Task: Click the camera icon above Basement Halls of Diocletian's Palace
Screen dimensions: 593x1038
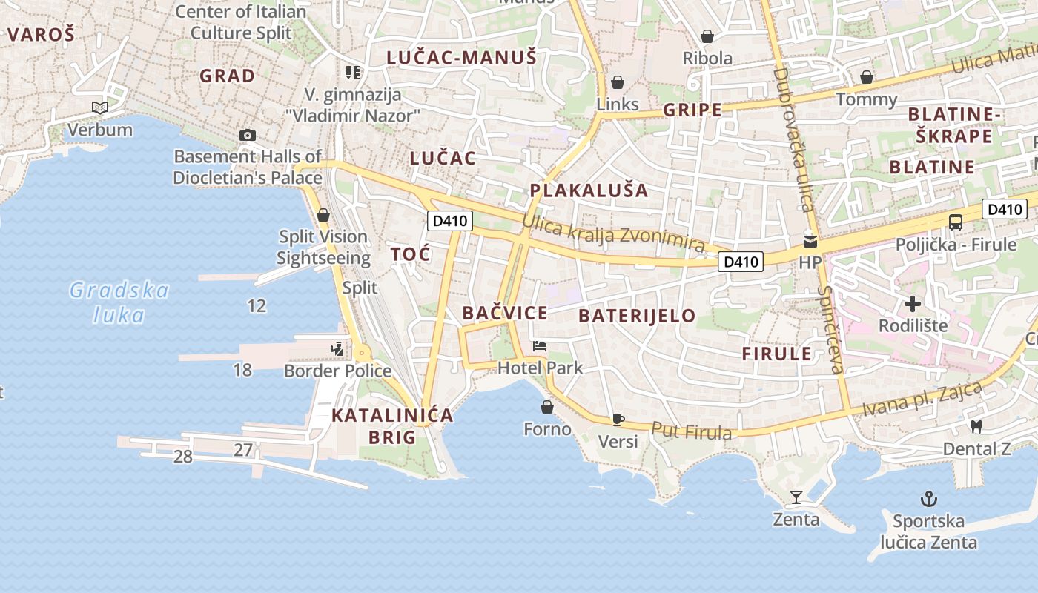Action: tap(248, 135)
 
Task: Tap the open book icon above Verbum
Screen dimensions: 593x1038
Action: tap(100, 108)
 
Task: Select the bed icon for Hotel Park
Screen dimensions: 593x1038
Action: tap(540, 346)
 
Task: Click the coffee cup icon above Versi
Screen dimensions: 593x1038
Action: tap(618, 420)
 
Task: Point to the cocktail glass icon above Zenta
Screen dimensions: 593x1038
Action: tap(796, 497)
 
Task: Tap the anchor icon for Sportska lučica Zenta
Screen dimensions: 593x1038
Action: tap(928, 499)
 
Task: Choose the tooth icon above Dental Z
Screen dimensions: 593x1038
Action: tap(976, 426)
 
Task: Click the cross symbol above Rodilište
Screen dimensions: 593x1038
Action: tap(913, 304)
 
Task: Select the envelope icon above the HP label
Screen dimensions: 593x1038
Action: tap(810, 241)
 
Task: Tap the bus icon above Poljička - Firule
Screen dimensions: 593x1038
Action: tap(956, 222)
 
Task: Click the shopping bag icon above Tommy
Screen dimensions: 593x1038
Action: tap(866, 77)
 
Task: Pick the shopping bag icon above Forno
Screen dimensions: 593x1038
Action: tap(547, 407)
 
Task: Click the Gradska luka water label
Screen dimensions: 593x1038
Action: tap(119, 302)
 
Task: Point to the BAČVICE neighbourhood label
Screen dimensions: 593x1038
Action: tap(505, 313)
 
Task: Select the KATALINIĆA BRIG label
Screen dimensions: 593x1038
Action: tap(392, 426)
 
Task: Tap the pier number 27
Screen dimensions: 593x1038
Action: tap(243, 450)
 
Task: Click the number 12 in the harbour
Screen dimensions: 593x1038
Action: tap(257, 305)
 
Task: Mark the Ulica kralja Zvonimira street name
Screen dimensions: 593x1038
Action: tap(613, 233)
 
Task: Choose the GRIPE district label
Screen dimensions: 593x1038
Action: tap(692, 110)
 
